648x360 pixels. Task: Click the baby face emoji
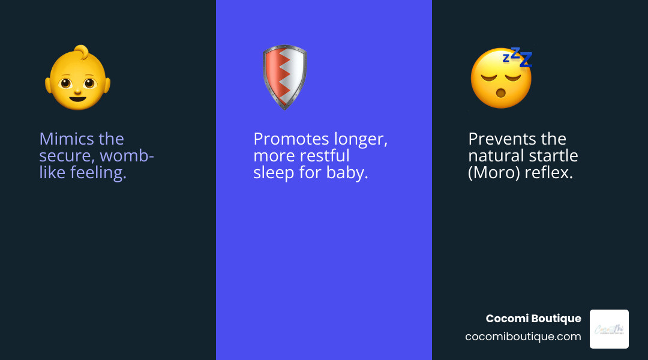point(78,80)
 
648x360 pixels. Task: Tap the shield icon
point(284,77)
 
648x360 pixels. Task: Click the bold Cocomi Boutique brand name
point(533,319)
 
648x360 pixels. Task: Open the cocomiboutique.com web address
point(523,337)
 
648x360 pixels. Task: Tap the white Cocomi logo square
point(609,329)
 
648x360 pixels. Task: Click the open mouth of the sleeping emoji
point(496,94)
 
